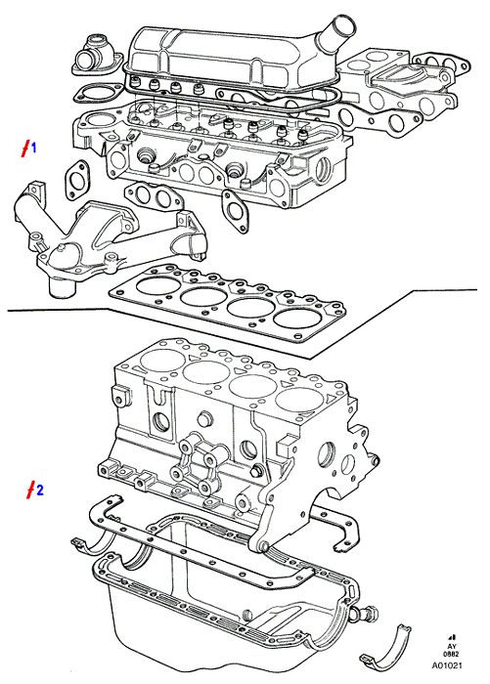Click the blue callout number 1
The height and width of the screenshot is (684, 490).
point(33,149)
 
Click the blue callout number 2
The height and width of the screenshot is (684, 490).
point(40,491)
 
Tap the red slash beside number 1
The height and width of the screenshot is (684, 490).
point(26,149)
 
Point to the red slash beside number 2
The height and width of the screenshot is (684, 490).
point(30,491)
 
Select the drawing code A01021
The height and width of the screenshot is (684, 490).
point(447,665)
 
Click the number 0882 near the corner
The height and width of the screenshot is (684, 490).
point(451,655)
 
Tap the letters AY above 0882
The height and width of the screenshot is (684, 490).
point(452,647)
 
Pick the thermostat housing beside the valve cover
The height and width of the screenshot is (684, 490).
point(95,56)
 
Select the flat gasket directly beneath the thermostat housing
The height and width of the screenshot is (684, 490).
point(98,93)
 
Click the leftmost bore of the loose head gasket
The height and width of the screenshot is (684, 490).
point(158,285)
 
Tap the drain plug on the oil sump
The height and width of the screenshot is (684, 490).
point(367,614)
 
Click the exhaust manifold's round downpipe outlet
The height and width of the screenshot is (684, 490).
point(62,289)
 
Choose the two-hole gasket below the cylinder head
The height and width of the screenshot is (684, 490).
point(154,197)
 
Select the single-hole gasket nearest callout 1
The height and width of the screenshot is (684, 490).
point(77,180)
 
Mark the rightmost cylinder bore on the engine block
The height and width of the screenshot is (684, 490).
point(299,400)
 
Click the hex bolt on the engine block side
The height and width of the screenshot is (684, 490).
point(256,472)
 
